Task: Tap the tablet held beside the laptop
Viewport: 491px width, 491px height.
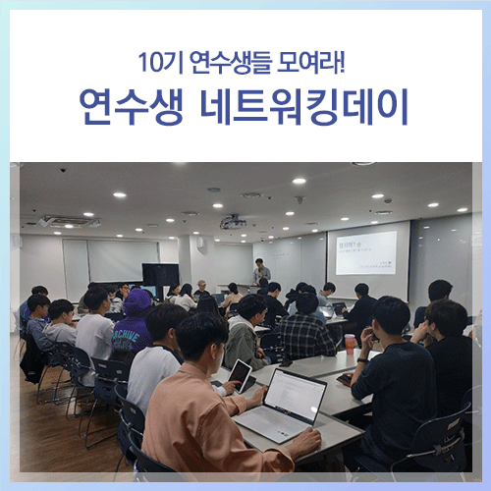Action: point(240,374)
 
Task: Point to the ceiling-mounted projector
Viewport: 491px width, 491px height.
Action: point(234,222)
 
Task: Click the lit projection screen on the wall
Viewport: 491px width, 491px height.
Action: point(365,251)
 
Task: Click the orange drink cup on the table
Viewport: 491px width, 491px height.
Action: point(350,343)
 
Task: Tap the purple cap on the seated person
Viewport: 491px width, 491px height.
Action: point(138,300)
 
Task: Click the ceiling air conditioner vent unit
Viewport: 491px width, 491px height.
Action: point(69,221)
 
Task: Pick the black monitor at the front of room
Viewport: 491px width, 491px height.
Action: point(160,274)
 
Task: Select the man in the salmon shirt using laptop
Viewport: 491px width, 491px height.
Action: point(211,412)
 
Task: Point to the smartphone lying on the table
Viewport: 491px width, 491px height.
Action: point(345,378)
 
